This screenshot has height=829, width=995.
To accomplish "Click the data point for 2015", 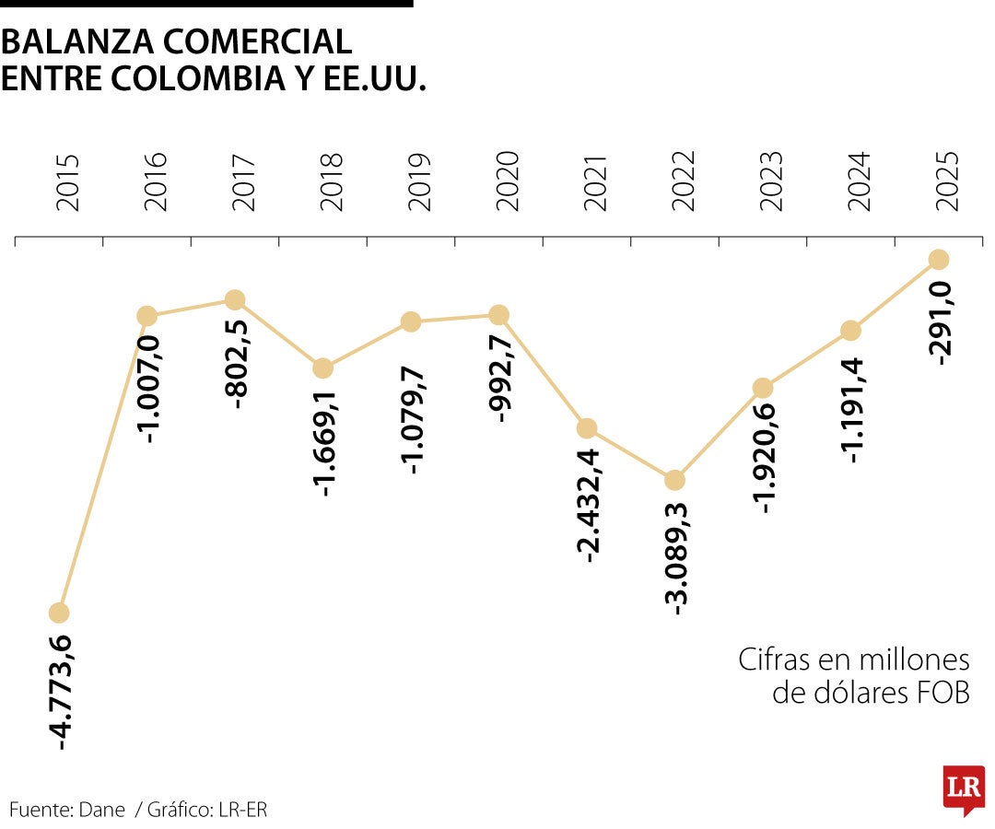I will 58,613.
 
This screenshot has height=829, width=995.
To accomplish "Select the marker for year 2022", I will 674,480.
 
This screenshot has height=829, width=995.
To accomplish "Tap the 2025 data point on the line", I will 939,260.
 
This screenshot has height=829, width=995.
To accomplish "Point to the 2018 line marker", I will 322,368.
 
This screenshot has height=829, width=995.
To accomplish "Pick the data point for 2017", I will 235,299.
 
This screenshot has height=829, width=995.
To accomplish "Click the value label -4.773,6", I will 62,691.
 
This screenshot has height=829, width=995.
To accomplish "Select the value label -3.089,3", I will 677,556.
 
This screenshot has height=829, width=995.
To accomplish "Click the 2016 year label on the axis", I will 155,182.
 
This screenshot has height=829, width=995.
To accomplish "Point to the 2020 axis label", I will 506,182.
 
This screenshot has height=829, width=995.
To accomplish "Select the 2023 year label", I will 770,182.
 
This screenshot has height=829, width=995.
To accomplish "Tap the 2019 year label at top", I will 418,182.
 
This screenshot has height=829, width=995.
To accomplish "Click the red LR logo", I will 963,788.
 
